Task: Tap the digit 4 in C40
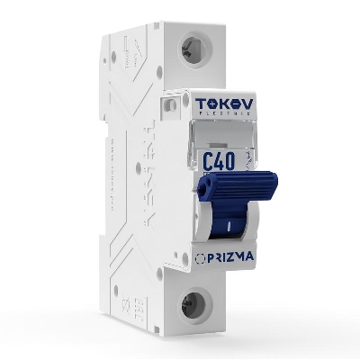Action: click(219, 162)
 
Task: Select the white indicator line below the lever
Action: click(231, 226)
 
